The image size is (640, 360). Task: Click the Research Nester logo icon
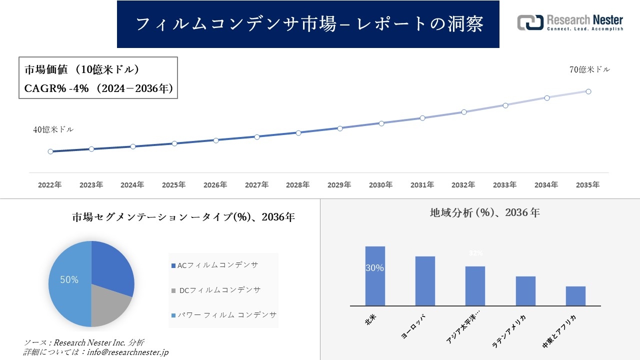tap(530, 22)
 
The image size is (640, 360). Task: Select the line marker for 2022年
tap(50, 151)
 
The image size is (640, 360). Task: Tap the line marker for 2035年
tap(588, 91)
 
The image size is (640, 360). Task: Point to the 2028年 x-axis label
tap(298, 185)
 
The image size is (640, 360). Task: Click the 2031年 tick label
tap(422, 185)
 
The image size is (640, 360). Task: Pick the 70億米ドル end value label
tap(589, 70)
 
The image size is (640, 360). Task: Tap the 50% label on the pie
tap(69, 280)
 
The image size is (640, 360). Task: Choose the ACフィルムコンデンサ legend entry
tap(214, 265)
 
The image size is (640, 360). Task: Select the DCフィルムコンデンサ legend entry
tap(215, 290)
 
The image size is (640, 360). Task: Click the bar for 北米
tap(375, 276)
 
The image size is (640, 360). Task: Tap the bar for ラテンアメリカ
tap(525, 291)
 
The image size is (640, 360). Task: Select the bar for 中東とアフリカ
tap(575, 296)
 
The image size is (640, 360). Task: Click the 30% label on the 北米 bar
tap(375, 268)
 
